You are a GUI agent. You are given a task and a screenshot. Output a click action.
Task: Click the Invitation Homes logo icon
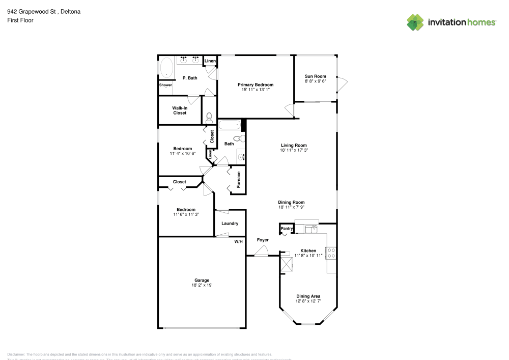[415, 22]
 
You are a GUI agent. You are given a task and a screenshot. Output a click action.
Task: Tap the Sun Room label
[315, 76]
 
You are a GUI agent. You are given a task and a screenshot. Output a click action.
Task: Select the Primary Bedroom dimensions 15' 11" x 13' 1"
[256, 90]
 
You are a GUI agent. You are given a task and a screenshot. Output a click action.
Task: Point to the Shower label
[165, 85]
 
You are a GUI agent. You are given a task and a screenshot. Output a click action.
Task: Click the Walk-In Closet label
[180, 110]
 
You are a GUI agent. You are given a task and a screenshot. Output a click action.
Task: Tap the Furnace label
[238, 180]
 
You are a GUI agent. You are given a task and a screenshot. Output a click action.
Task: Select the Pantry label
[287, 229]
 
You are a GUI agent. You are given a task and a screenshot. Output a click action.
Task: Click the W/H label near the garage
[238, 241]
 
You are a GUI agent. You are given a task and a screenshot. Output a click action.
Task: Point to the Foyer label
[263, 240]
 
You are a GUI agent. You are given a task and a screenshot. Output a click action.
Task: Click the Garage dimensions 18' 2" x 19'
[202, 285]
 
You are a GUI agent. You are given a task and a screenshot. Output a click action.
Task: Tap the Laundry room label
[230, 224]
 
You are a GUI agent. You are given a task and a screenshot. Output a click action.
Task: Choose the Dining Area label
[308, 296]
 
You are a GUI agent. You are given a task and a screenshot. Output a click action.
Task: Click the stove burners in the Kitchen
[331, 253]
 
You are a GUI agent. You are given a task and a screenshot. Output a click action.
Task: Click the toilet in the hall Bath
[239, 139]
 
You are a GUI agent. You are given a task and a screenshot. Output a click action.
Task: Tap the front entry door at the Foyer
[262, 251]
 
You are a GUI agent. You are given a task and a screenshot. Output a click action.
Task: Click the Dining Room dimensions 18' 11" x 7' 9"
[291, 207]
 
